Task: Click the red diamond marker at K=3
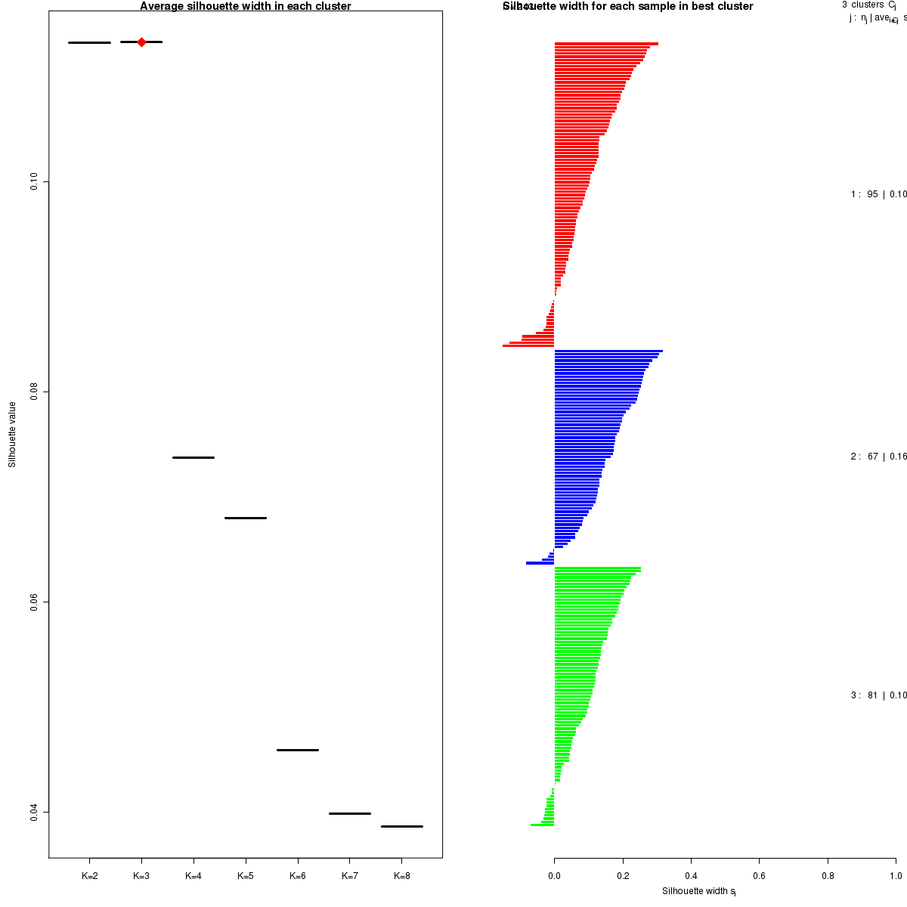click(x=141, y=42)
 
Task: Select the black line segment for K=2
click(x=89, y=42)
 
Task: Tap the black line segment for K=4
click(x=193, y=457)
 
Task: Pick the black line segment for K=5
click(x=246, y=518)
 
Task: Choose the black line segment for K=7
click(x=350, y=813)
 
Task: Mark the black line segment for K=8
click(x=402, y=826)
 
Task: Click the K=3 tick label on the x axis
click(x=141, y=877)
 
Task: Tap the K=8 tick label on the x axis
click(x=402, y=877)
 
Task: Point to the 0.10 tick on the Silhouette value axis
click(x=34, y=181)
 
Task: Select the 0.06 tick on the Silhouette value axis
click(x=34, y=602)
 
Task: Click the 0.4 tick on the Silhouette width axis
click(x=691, y=877)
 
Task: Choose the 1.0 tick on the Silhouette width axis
click(x=895, y=877)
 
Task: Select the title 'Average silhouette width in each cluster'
click(x=246, y=7)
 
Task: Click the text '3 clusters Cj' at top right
click(x=868, y=5)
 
